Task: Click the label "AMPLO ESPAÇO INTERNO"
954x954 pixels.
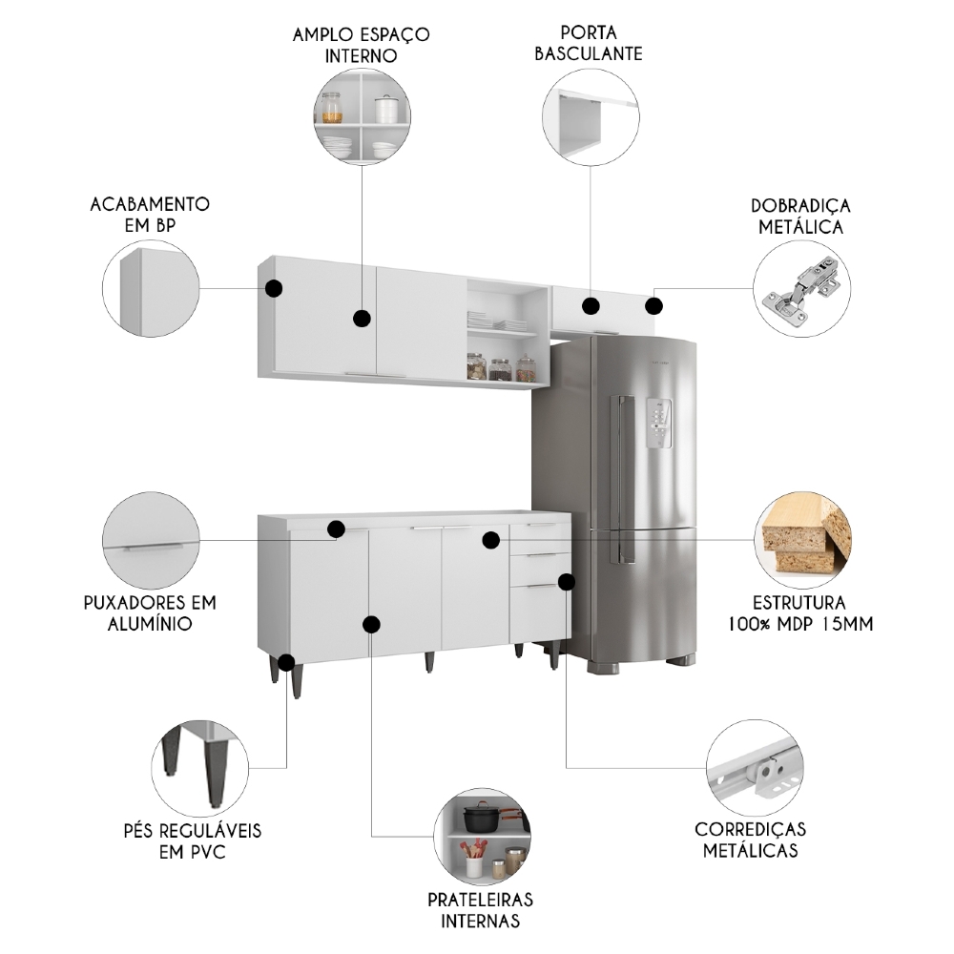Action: pos(363,45)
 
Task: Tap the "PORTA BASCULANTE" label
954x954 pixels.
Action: pos(588,44)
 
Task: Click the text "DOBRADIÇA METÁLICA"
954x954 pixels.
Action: pos(800,217)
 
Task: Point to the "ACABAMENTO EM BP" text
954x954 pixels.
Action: pos(150,215)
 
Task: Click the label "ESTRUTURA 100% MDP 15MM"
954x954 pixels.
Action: pos(799,613)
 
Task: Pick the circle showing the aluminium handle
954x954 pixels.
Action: pos(151,540)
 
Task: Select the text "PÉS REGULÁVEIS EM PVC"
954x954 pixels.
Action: pos(198,840)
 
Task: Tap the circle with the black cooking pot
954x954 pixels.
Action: pos(481,837)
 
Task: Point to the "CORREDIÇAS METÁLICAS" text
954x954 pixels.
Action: pos(750,840)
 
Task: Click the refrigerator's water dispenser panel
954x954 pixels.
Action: pos(660,421)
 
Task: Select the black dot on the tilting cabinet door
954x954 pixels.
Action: pos(591,306)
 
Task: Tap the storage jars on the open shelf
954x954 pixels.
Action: pos(500,368)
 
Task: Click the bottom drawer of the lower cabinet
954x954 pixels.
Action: pos(537,613)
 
